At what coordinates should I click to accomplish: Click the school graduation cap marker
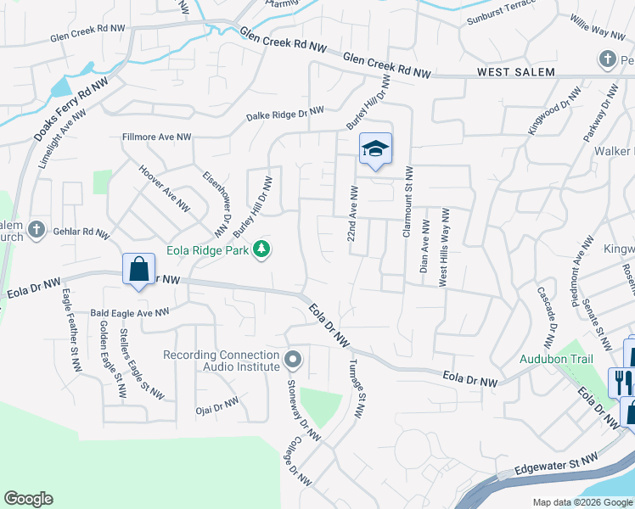375,150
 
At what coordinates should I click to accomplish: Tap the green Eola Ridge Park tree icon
264,248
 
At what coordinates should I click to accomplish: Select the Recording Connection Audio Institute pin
293,359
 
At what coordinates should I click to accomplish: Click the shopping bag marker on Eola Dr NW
138,270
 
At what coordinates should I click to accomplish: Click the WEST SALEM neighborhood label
515,73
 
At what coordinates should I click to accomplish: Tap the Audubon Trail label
554,358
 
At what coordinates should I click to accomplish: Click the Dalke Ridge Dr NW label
285,112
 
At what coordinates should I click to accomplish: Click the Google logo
28,499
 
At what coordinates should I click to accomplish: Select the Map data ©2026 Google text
582,502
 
